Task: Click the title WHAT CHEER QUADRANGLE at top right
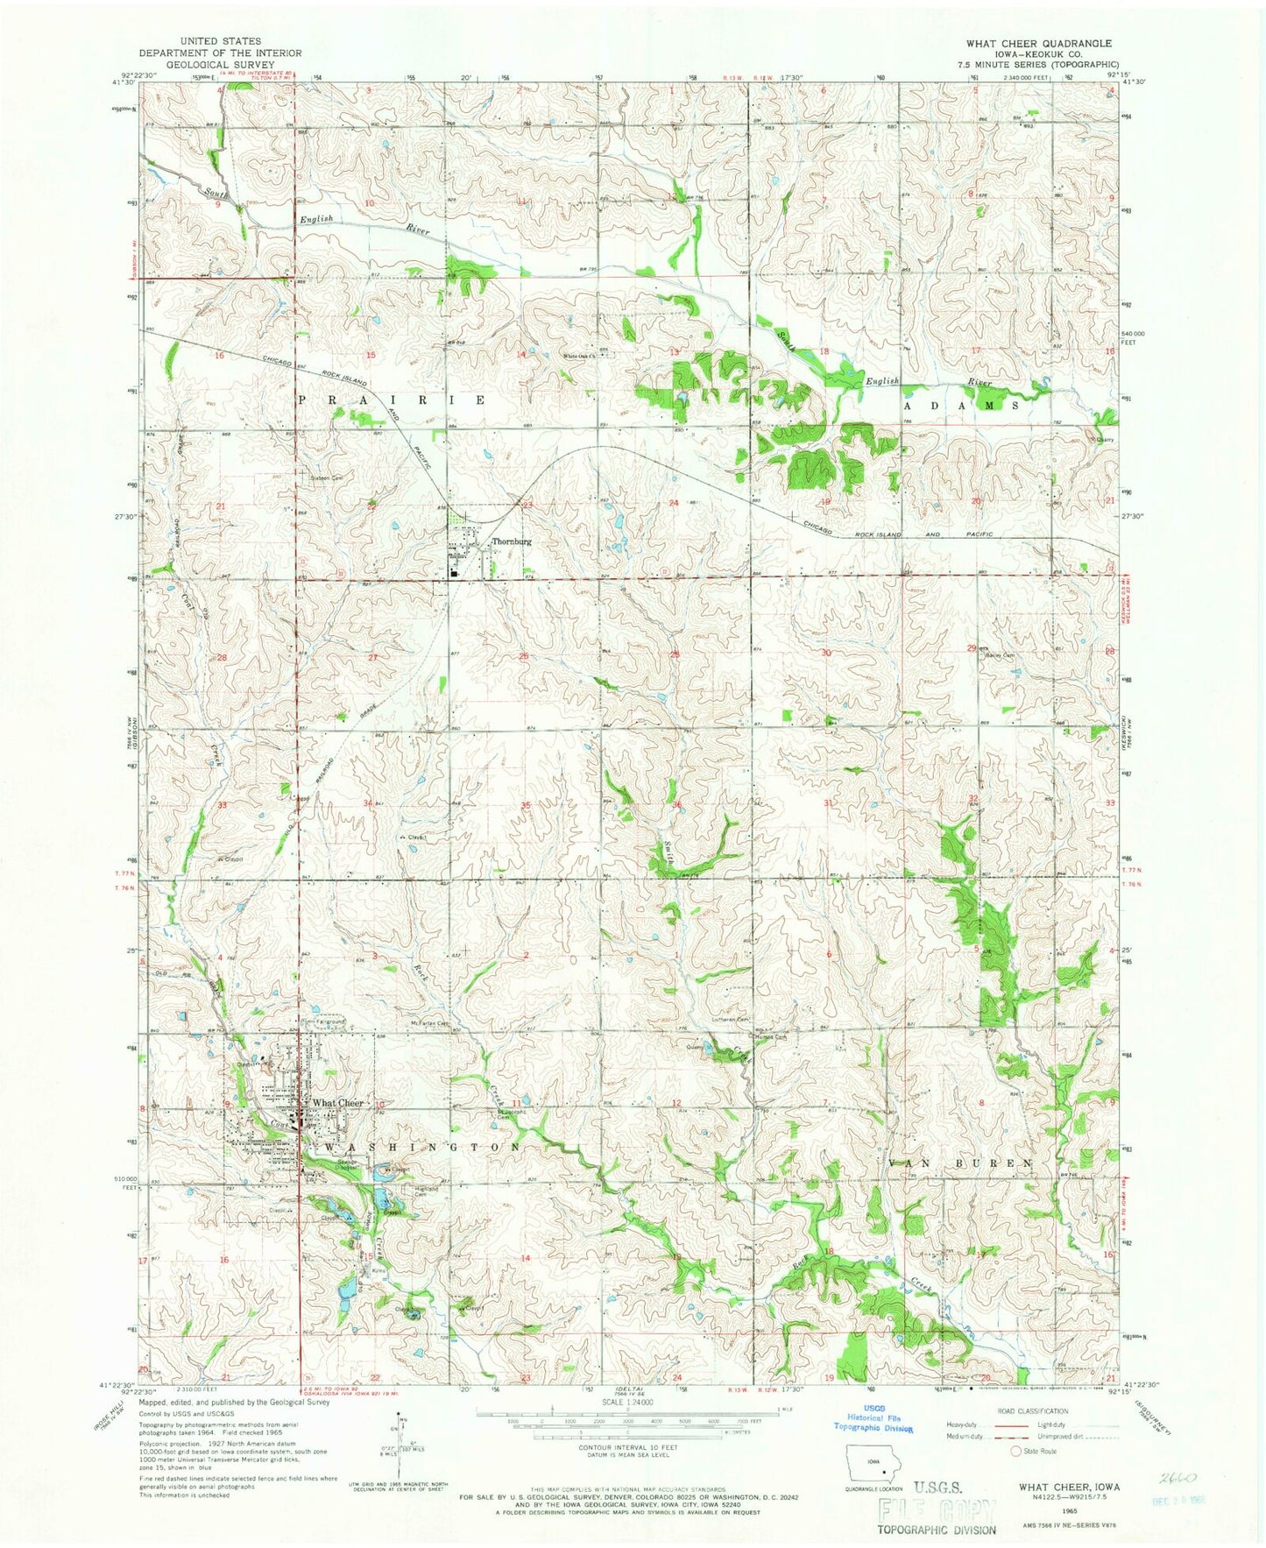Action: (1039, 43)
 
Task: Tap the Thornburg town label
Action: (512, 541)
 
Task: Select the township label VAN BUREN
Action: (961, 1163)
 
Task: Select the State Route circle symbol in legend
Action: (1016, 1451)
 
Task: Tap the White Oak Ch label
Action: (580, 356)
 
